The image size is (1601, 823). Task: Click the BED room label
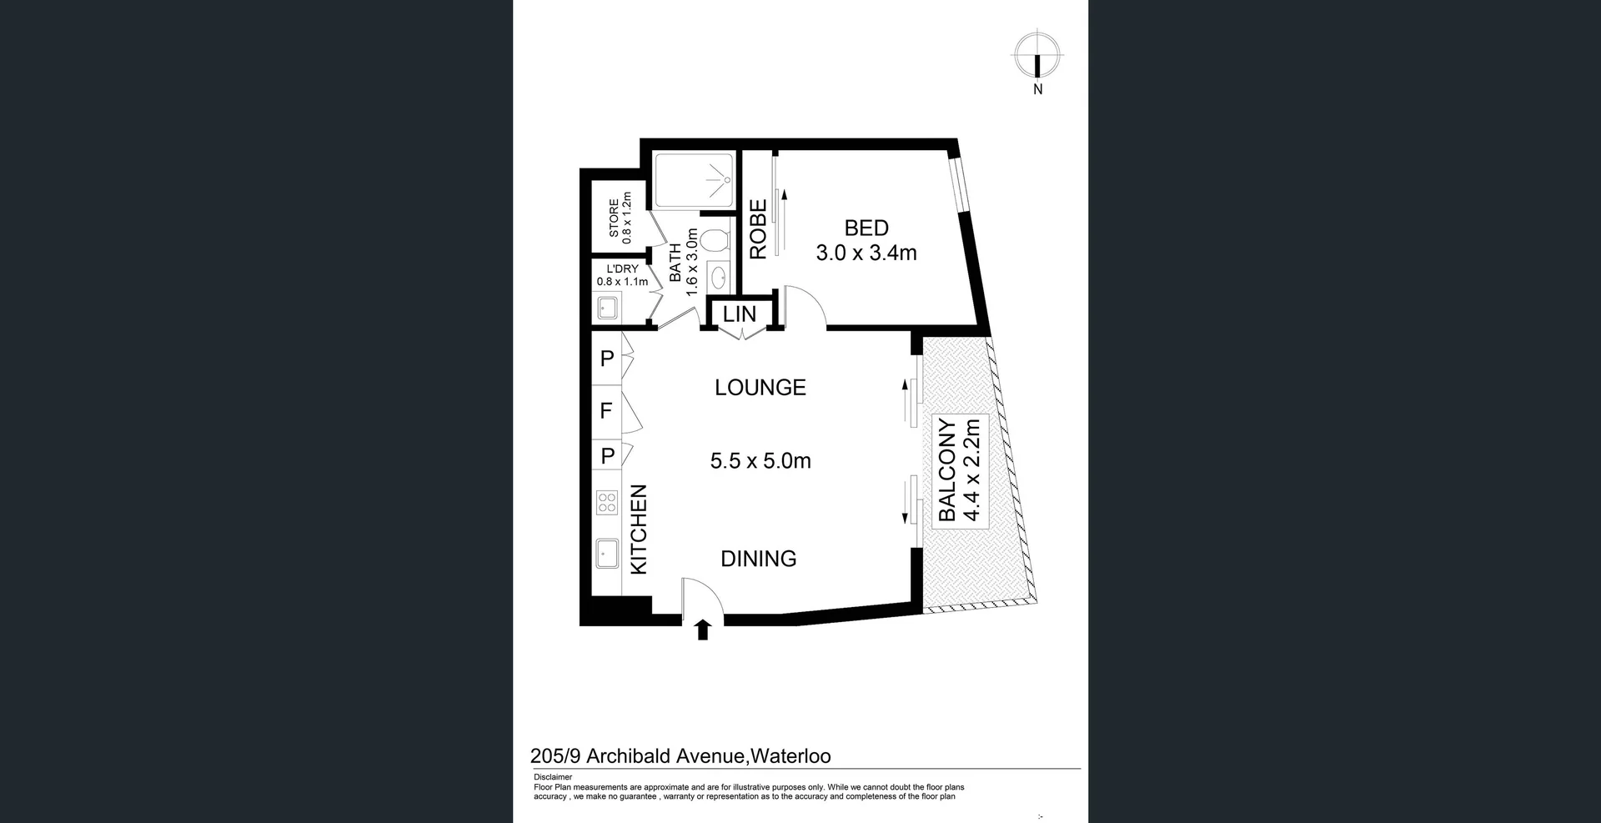click(x=866, y=228)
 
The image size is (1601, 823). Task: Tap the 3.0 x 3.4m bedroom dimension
click(x=866, y=253)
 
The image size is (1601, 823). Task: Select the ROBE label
click(x=758, y=230)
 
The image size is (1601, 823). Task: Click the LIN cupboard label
click(x=739, y=314)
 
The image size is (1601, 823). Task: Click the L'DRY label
click(x=622, y=268)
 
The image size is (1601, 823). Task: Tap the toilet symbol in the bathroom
click(x=714, y=241)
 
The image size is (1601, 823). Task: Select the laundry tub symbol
click(x=607, y=309)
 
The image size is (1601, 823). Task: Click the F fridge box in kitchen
click(x=606, y=411)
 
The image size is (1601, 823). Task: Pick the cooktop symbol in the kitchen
click(x=607, y=503)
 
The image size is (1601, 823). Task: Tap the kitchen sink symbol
click(x=606, y=553)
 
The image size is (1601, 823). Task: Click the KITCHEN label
click(x=639, y=530)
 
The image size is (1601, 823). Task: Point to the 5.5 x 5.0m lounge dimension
click(x=760, y=461)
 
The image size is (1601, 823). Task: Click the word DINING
click(x=758, y=559)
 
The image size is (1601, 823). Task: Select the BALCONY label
click(x=947, y=471)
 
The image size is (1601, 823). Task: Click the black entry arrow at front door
click(x=702, y=630)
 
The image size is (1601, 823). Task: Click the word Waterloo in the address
click(x=791, y=756)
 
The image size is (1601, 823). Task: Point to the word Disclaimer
click(x=553, y=777)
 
